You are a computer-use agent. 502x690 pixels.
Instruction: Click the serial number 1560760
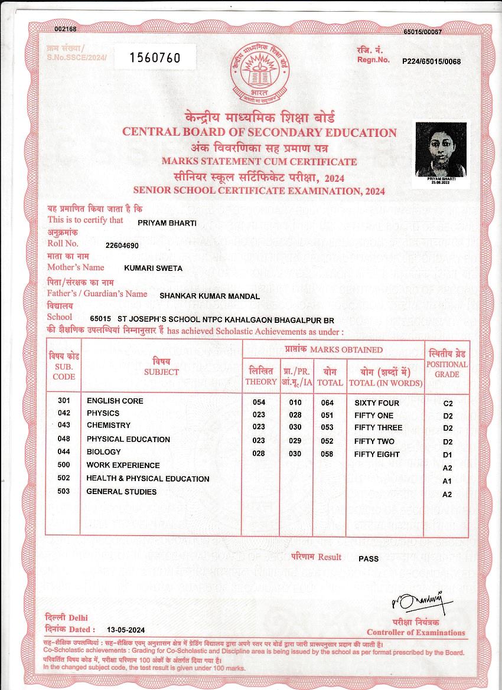click(x=154, y=57)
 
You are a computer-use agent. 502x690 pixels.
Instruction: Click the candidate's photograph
click(x=441, y=152)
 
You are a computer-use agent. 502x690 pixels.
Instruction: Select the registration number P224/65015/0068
click(x=431, y=61)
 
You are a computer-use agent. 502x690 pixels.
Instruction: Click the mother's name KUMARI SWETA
click(x=153, y=268)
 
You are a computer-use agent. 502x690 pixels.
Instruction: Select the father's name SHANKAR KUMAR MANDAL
click(x=210, y=296)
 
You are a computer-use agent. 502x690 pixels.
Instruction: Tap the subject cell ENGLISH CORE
click(x=115, y=401)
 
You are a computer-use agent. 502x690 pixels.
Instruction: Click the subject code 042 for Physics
click(x=64, y=413)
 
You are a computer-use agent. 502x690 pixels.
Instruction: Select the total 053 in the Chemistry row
click(x=327, y=427)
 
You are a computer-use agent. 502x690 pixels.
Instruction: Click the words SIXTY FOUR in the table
click(x=377, y=403)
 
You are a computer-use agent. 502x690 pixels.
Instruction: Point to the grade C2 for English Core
click(x=448, y=403)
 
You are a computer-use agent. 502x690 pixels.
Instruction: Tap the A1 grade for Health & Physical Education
click(x=447, y=482)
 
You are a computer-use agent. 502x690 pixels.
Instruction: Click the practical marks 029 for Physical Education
click(x=295, y=441)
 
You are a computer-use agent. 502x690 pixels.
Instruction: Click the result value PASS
click(x=369, y=558)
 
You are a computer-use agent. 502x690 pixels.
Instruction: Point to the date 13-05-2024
click(x=126, y=630)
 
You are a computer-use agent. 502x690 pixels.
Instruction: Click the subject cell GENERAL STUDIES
click(x=122, y=491)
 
